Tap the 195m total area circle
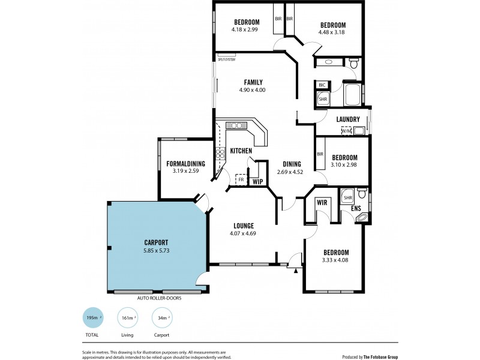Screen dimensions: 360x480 point(92,318)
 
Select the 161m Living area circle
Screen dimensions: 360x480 point(127,318)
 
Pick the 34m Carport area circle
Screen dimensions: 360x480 point(162,318)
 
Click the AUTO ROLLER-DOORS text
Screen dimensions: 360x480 point(159,298)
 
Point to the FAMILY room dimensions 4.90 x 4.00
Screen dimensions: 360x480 point(253,91)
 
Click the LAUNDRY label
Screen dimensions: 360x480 point(348,119)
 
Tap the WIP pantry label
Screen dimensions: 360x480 point(257,181)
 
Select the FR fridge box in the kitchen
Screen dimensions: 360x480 point(241,179)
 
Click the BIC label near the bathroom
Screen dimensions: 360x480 point(322,85)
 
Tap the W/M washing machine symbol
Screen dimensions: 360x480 point(346,130)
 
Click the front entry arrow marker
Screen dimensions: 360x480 point(296,270)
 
